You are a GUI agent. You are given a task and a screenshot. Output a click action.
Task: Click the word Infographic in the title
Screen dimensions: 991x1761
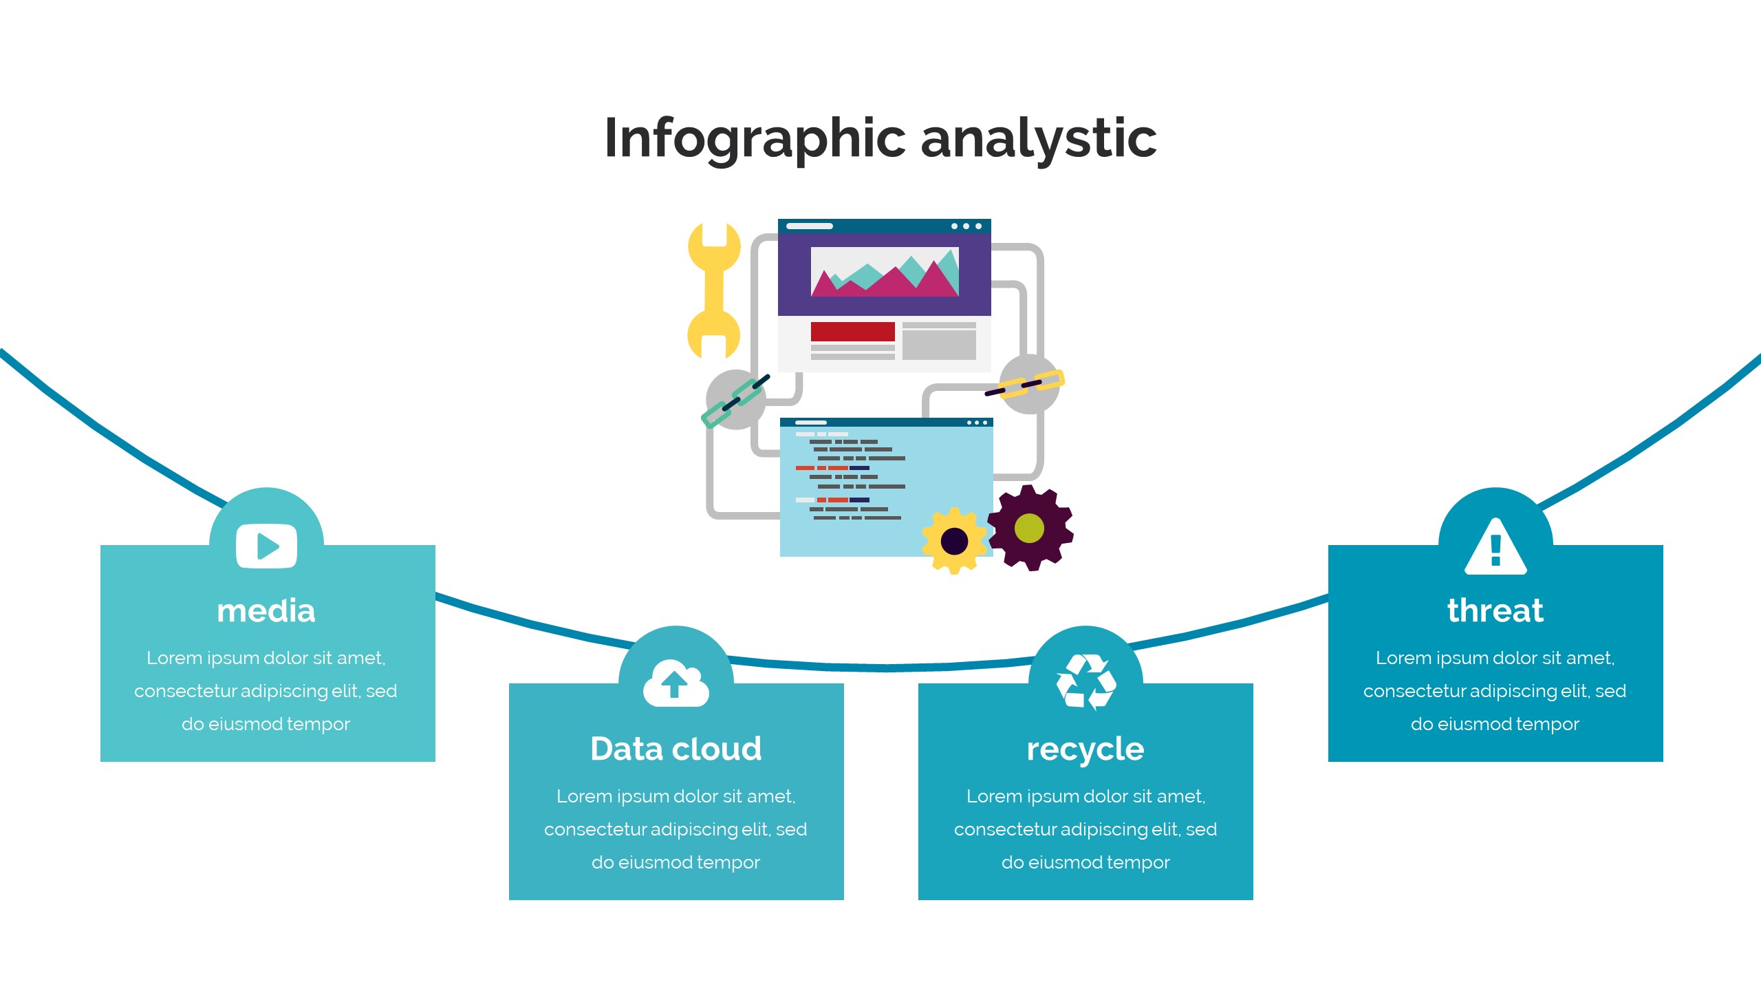[x=755, y=139]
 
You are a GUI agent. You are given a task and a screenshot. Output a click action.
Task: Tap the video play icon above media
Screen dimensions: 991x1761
[x=266, y=546]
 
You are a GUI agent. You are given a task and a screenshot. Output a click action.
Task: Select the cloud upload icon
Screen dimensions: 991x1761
[x=676, y=684]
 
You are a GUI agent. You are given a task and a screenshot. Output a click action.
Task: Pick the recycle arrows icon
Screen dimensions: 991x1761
[x=1085, y=682]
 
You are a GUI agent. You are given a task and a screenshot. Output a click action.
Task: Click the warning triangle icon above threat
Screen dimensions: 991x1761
[x=1495, y=548]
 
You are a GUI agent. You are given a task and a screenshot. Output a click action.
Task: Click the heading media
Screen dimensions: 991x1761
[x=266, y=611]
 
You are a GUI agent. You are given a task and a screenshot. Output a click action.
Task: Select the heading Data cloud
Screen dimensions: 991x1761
[x=676, y=749]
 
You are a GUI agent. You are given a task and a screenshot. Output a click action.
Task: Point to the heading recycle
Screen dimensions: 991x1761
[x=1085, y=749]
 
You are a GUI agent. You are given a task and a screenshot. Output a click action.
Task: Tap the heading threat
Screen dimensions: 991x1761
[x=1495, y=611]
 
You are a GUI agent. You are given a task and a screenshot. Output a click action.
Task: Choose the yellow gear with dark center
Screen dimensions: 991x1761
[x=954, y=541]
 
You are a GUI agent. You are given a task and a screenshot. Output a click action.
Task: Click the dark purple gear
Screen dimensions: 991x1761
[x=1030, y=528]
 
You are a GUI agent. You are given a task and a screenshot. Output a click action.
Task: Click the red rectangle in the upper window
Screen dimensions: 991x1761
[x=852, y=331]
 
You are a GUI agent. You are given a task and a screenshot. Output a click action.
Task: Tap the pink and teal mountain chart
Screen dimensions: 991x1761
[x=885, y=273]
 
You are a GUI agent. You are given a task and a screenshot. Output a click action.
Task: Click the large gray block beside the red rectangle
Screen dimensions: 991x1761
[x=939, y=344]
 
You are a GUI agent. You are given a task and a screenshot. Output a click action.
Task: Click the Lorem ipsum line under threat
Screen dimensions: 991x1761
[x=1495, y=659]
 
